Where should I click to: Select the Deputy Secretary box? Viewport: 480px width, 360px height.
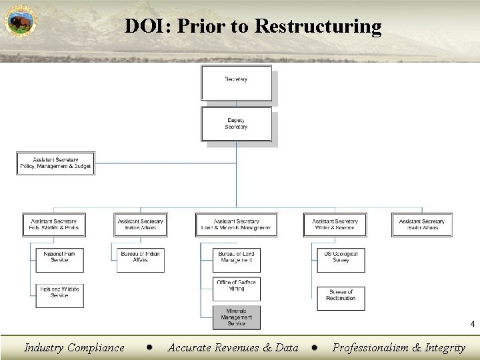tap(236, 125)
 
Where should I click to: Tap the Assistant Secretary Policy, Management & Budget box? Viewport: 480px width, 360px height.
tap(54, 163)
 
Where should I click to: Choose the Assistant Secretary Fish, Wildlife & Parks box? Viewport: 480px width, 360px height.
tap(54, 225)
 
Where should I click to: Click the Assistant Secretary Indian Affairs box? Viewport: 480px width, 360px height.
tap(141, 225)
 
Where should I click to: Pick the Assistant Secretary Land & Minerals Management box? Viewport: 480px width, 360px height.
tap(236, 225)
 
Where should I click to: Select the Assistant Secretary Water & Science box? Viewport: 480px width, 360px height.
tap(335, 225)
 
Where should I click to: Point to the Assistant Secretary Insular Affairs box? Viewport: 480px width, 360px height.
tap(421, 225)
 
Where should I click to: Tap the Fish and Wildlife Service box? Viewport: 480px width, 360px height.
tap(59, 291)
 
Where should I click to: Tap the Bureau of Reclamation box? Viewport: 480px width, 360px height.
tap(341, 295)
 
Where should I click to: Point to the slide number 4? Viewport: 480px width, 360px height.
tap(471, 325)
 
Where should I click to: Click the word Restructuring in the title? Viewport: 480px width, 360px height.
tap(319, 26)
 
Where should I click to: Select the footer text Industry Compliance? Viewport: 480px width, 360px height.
tap(74, 347)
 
